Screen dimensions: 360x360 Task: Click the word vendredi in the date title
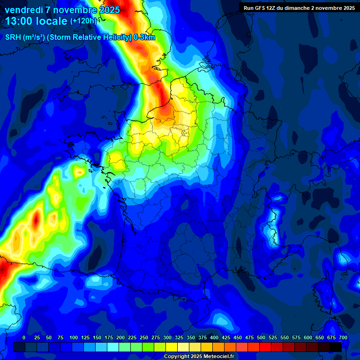tap(24, 10)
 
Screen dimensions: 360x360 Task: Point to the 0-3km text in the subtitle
tap(144, 37)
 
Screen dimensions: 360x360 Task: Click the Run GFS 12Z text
tap(262, 8)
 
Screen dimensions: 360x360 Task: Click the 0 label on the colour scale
tap(24, 337)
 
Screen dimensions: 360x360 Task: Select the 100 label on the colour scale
tap(74, 337)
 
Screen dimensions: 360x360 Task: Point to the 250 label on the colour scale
tap(144, 337)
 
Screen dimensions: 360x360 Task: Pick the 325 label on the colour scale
tap(179, 337)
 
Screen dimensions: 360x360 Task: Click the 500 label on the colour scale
tap(261, 337)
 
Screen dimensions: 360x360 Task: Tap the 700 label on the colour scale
tap(343, 337)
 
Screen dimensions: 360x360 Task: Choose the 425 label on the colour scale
tap(226, 337)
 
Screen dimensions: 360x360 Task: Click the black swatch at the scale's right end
tap(336, 347)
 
